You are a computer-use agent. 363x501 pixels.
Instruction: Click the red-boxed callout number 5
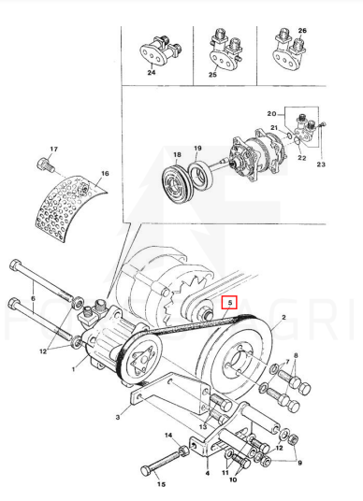point(229,302)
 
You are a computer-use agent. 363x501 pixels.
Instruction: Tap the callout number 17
point(53,149)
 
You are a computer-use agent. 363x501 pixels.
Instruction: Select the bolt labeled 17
point(45,165)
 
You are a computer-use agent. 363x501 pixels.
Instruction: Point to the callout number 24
point(152,73)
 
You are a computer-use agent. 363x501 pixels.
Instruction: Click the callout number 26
point(302,31)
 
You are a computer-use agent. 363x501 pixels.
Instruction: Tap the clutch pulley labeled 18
point(177,185)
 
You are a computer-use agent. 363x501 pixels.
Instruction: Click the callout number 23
point(321,165)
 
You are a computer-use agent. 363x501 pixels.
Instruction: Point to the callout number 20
point(272,114)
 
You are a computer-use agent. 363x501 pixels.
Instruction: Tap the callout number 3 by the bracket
point(118,417)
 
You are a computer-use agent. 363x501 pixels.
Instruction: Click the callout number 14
point(168,436)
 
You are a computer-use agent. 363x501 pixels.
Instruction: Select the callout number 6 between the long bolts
point(33,298)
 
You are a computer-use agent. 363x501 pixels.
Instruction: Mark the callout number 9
point(299,463)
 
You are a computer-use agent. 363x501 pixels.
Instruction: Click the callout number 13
point(203,427)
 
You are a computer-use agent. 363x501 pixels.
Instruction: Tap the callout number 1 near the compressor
point(74,369)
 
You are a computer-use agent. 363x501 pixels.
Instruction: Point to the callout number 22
point(302,158)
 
